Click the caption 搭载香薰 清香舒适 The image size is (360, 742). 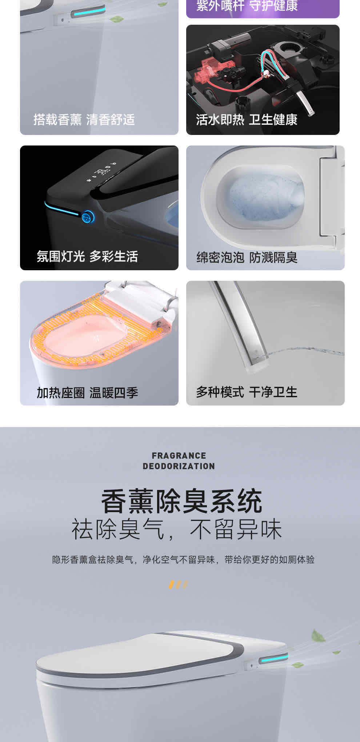[x=84, y=120]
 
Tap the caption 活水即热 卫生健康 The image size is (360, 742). [x=247, y=120]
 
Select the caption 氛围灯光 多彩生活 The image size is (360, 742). [x=87, y=256]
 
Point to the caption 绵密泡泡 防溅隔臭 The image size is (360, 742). [x=247, y=258]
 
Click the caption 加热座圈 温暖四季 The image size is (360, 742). [x=87, y=393]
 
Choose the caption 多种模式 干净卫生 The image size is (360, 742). [x=247, y=392]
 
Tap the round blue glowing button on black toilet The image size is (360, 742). [x=87, y=218]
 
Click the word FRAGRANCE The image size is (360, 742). [x=179, y=456]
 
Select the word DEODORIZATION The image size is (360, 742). [x=179, y=466]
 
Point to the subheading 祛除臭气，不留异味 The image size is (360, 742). [x=177, y=530]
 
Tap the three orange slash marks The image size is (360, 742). [x=179, y=585]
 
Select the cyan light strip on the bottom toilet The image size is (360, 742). [x=273, y=659]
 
